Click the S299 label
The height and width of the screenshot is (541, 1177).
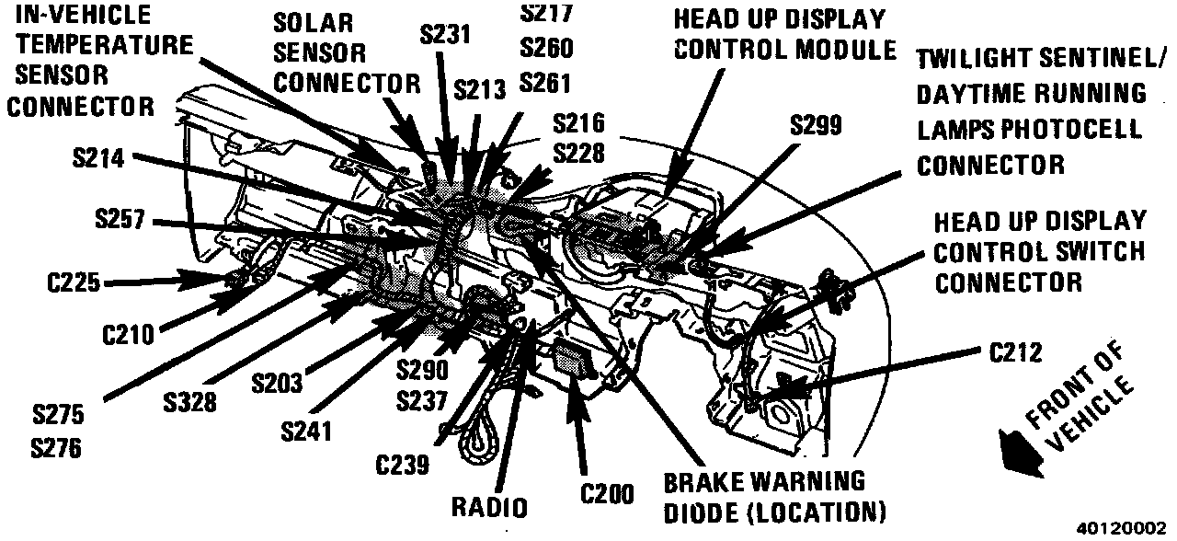(815, 126)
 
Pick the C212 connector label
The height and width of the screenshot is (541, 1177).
(1015, 353)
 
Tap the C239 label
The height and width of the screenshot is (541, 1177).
(402, 466)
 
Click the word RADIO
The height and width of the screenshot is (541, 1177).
(489, 508)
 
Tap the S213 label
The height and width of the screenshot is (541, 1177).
(480, 89)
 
